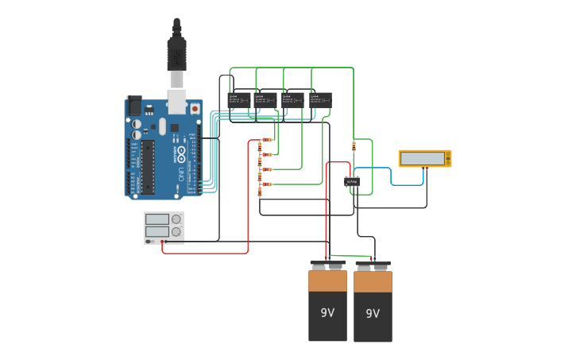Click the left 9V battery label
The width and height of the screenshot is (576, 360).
(327, 312)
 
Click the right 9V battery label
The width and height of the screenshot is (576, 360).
(373, 314)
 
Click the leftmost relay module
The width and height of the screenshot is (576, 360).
(239, 99)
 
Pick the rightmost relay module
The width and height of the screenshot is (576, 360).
(320, 99)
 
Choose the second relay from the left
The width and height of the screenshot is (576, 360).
(265, 99)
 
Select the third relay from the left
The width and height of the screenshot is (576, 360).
(292, 99)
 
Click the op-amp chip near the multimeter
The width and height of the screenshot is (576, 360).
(352, 182)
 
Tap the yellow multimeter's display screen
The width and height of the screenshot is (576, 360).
(423, 158)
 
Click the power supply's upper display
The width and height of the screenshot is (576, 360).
(157, 219)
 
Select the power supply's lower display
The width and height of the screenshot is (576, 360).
(157, 231)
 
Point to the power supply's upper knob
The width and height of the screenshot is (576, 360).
(176, 219)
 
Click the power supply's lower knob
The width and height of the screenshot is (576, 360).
(176, 232)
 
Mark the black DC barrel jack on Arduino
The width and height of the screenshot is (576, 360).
(134, 105)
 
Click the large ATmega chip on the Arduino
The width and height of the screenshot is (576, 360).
(148, 167)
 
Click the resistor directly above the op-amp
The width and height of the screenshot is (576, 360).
(354, 145)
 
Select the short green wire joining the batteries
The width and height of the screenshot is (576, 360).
(350, 256)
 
